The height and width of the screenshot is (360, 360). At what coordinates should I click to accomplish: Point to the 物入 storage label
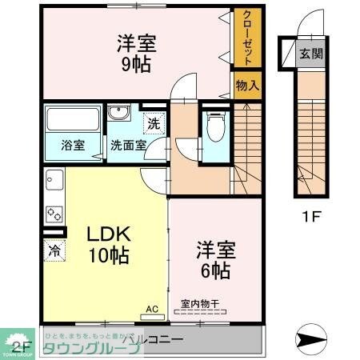[246, 84]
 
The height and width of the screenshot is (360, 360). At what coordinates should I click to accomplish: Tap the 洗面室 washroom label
[128, 146]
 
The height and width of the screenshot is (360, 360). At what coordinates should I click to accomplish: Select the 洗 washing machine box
[153, 124]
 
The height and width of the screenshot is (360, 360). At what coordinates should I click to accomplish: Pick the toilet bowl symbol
[214, 126]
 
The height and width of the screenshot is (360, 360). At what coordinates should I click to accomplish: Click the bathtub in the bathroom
[71, 121]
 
